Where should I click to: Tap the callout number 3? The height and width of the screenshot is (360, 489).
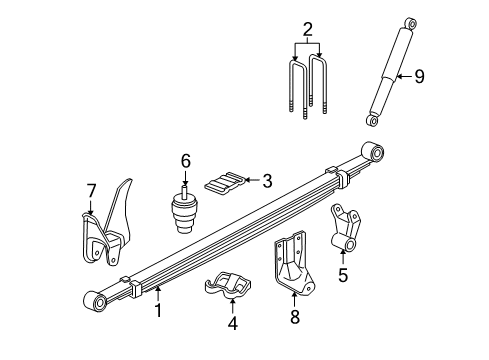tap(266, 180)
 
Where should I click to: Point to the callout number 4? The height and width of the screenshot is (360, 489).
tap(232, 323)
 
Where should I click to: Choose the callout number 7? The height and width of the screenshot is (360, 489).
tap(91, 190)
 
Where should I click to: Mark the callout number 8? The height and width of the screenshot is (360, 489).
tap(293, 319)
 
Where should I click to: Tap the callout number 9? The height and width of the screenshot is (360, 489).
tap(420, 75)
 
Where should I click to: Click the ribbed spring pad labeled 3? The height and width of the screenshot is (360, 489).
tap(224, 182)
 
